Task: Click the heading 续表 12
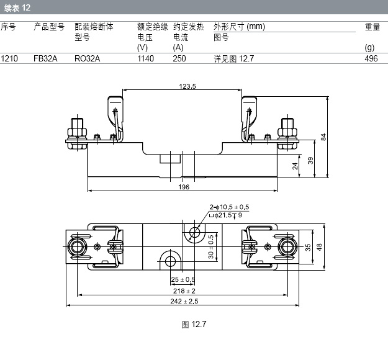coord(17,8)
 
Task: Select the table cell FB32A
coord(45,59)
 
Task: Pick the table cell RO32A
coord(86,59)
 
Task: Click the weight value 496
coord(371,59)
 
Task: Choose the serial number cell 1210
coord(9,59)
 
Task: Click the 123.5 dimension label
coord(187,87)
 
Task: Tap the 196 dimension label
coord(184,186)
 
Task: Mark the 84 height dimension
coord(323,137)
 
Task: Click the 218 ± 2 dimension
coord(184,290)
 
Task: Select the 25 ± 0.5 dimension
coord(183,279)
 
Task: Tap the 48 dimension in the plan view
coord(320,246)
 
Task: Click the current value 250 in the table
coord(179,59)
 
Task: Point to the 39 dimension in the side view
coord(310,160)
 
